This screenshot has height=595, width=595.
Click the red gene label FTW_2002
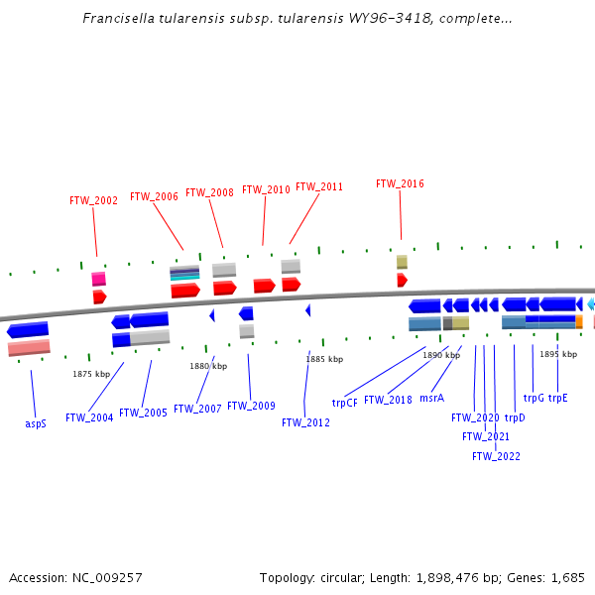(x=93, y=200)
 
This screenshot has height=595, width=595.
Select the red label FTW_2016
(x=400, y=183)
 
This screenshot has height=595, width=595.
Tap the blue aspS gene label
(x=36, y=423)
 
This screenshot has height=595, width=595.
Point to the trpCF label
(x=344, y=403)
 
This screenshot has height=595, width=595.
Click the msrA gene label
(x=431, y=398)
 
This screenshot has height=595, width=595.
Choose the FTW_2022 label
(x=496, y=456)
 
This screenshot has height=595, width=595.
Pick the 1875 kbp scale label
(x=91, y=374)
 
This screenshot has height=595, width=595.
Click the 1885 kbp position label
(x=324, y=359)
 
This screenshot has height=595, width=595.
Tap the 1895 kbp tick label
(x=557, y=354)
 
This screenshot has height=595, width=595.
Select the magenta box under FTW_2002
(x=98, y=279)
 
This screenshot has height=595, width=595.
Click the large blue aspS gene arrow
(x=28, y=329)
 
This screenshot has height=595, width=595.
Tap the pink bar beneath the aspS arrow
(x=29, y=347)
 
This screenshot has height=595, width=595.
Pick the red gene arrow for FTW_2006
(x=185, y=291)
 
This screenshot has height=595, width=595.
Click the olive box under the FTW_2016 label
(x=402, y=262)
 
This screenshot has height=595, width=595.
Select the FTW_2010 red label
(x=266, y=189)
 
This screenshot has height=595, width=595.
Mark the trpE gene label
(x=558, y=398)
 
